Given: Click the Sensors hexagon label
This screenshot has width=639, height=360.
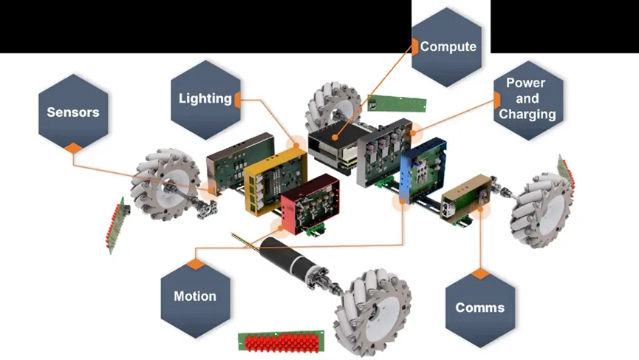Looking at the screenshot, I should coord(72,112).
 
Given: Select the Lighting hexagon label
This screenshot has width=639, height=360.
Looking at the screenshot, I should coord(205,98).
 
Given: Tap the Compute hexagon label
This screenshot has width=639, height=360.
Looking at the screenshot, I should coord(448,47).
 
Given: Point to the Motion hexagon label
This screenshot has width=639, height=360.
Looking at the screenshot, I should coord(195,296).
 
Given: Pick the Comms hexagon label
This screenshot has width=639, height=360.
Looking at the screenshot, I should coord(480,308).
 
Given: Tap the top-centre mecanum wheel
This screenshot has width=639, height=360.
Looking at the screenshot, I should coord(332,108).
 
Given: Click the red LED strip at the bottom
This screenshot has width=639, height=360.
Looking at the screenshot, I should coord(279,342).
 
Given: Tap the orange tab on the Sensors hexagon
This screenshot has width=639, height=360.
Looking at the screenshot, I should coord(72,148).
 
